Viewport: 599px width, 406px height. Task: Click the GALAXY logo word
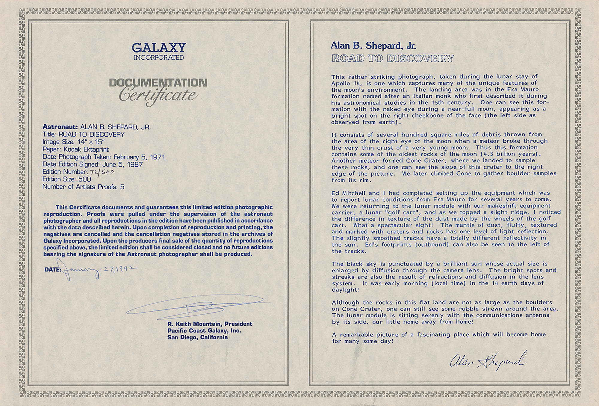[x=158, y=48]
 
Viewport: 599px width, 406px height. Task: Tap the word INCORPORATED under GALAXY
[x=158, y=58]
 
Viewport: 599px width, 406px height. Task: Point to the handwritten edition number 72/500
[x=102, y=172]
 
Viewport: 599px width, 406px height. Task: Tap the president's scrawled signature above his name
[x=195, y=306]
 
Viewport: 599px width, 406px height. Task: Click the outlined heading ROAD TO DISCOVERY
[x=392, y=58]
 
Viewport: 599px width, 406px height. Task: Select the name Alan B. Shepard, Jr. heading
[x=373, y=46]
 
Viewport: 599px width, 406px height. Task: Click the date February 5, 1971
[x=139, y=157]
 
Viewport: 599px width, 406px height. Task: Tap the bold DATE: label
[x=53, y=270]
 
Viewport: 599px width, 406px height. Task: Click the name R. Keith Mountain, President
[x=210, y=324]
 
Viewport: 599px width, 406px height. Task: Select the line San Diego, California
[x=197, y=337]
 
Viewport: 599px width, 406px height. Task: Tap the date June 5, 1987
[x=122, y=164]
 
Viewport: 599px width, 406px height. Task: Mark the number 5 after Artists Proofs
[x=122, y=187]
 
